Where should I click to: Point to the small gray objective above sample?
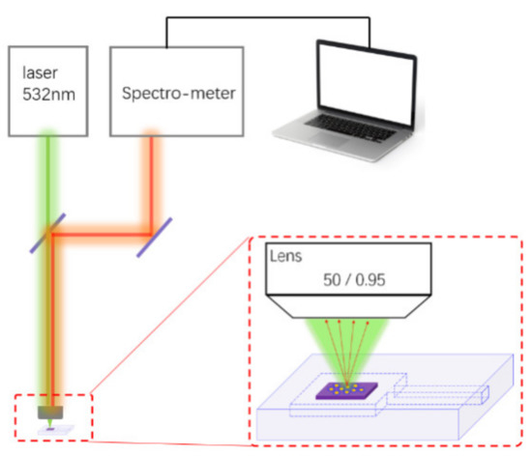point(48,413)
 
